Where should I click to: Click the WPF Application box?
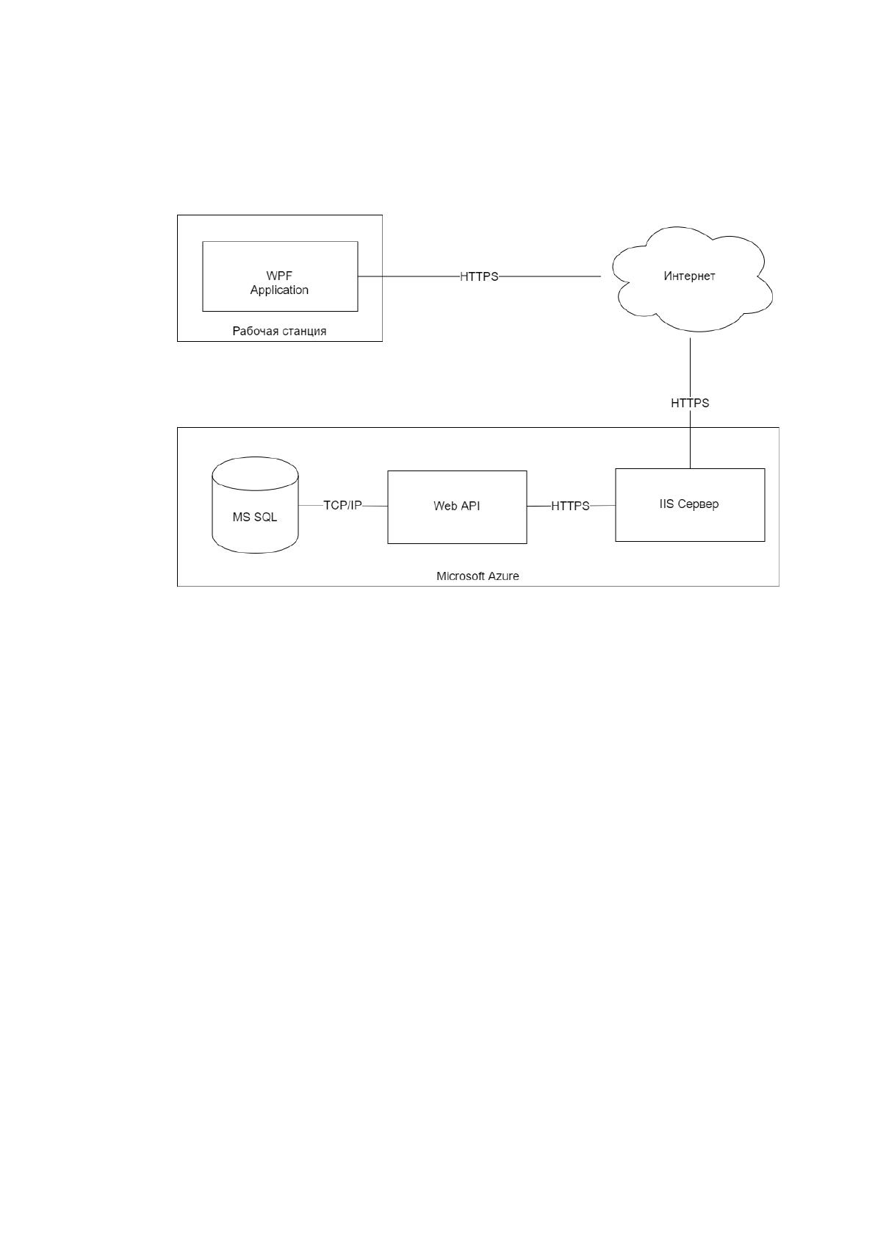point(280,276)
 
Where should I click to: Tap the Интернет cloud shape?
point(691,279)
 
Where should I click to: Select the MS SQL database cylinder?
point(255,505)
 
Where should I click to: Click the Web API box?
point(457,507)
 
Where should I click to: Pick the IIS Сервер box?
point(690,505)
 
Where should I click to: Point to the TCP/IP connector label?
point(342,505)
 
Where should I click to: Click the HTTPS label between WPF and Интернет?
point(479,276)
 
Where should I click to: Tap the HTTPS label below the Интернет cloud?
point(690,404)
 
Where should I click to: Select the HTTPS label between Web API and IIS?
point(570,506)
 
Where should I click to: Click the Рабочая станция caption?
point(279,331)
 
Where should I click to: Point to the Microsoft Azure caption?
point(478,576)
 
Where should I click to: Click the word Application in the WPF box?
point(279,290)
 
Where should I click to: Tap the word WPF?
point(279,276)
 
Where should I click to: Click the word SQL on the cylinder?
point(266,518)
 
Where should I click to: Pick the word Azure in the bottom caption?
point(504,576)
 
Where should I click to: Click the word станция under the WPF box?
point(304,331)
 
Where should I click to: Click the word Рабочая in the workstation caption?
point(256,331)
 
